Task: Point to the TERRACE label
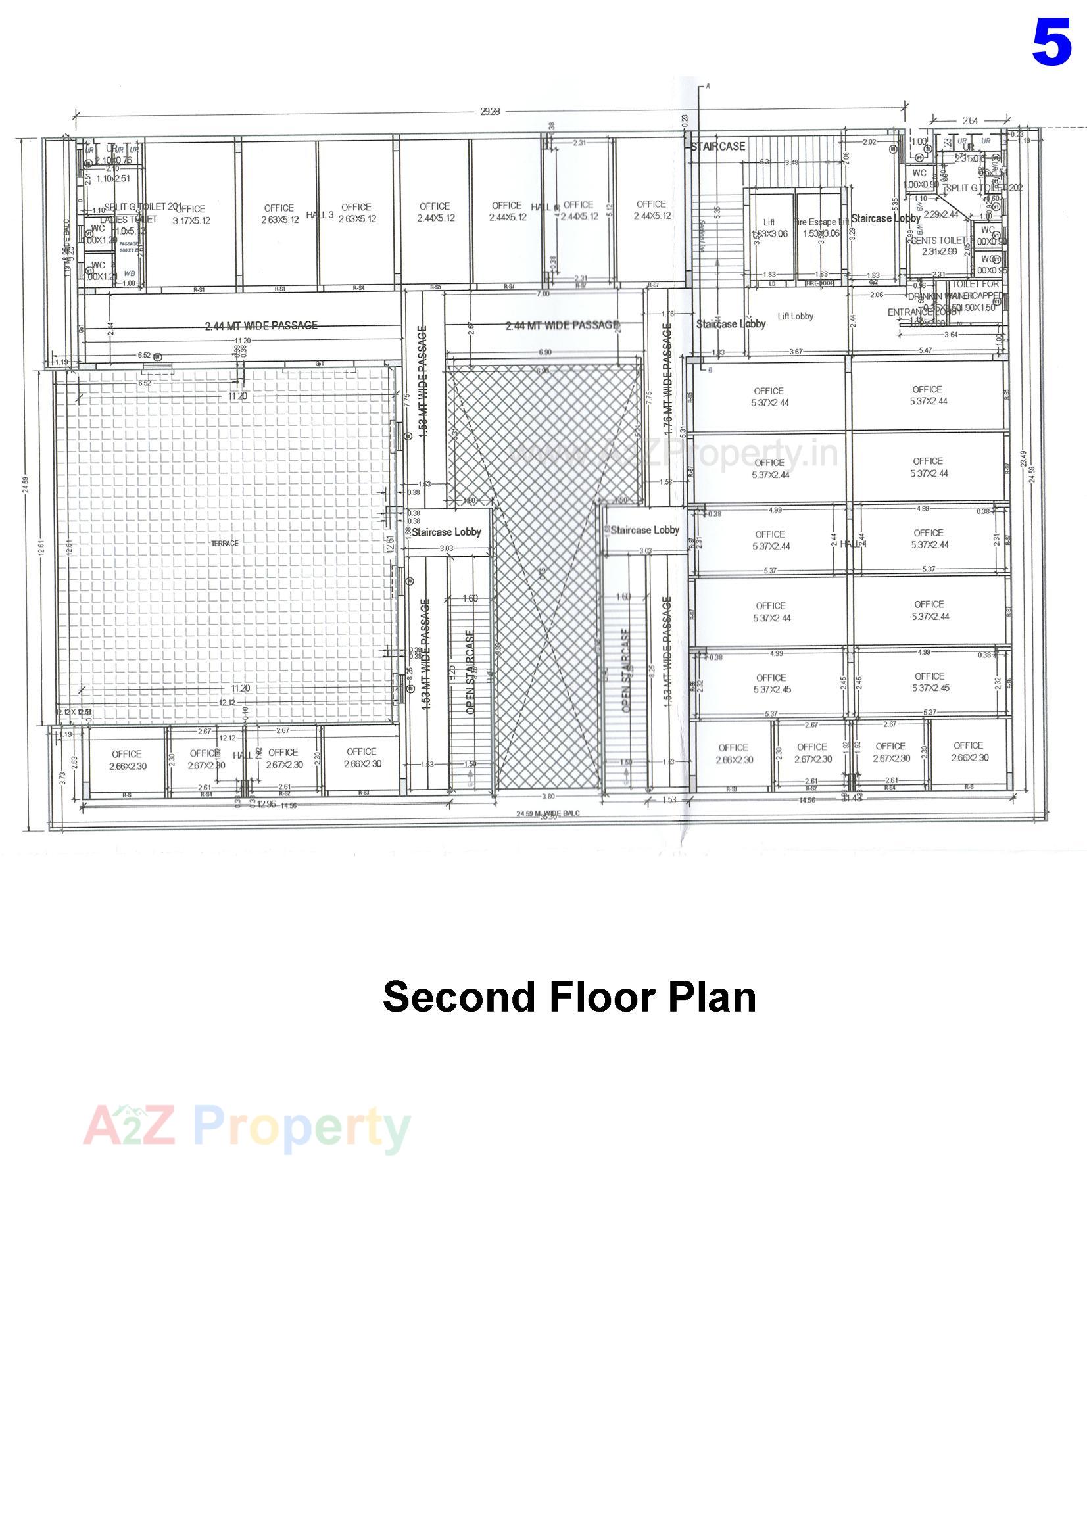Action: (x=224, y=544)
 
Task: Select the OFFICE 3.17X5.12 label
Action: (x=191, y=215)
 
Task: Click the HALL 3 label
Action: (x=320, y=215)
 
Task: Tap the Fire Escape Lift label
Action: (x=821, y=222)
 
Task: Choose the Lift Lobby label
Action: (x=796, y=317)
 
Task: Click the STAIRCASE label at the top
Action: (x=718, y=146)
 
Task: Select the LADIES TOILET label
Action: (x=129, y=220)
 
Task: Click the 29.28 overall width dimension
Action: (x=491, y=112)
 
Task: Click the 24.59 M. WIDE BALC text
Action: (x=547, y=813)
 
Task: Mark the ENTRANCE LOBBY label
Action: (x=915, y=312)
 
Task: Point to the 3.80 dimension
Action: (x=547, y=797)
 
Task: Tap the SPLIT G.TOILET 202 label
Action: (x=985, y=188)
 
